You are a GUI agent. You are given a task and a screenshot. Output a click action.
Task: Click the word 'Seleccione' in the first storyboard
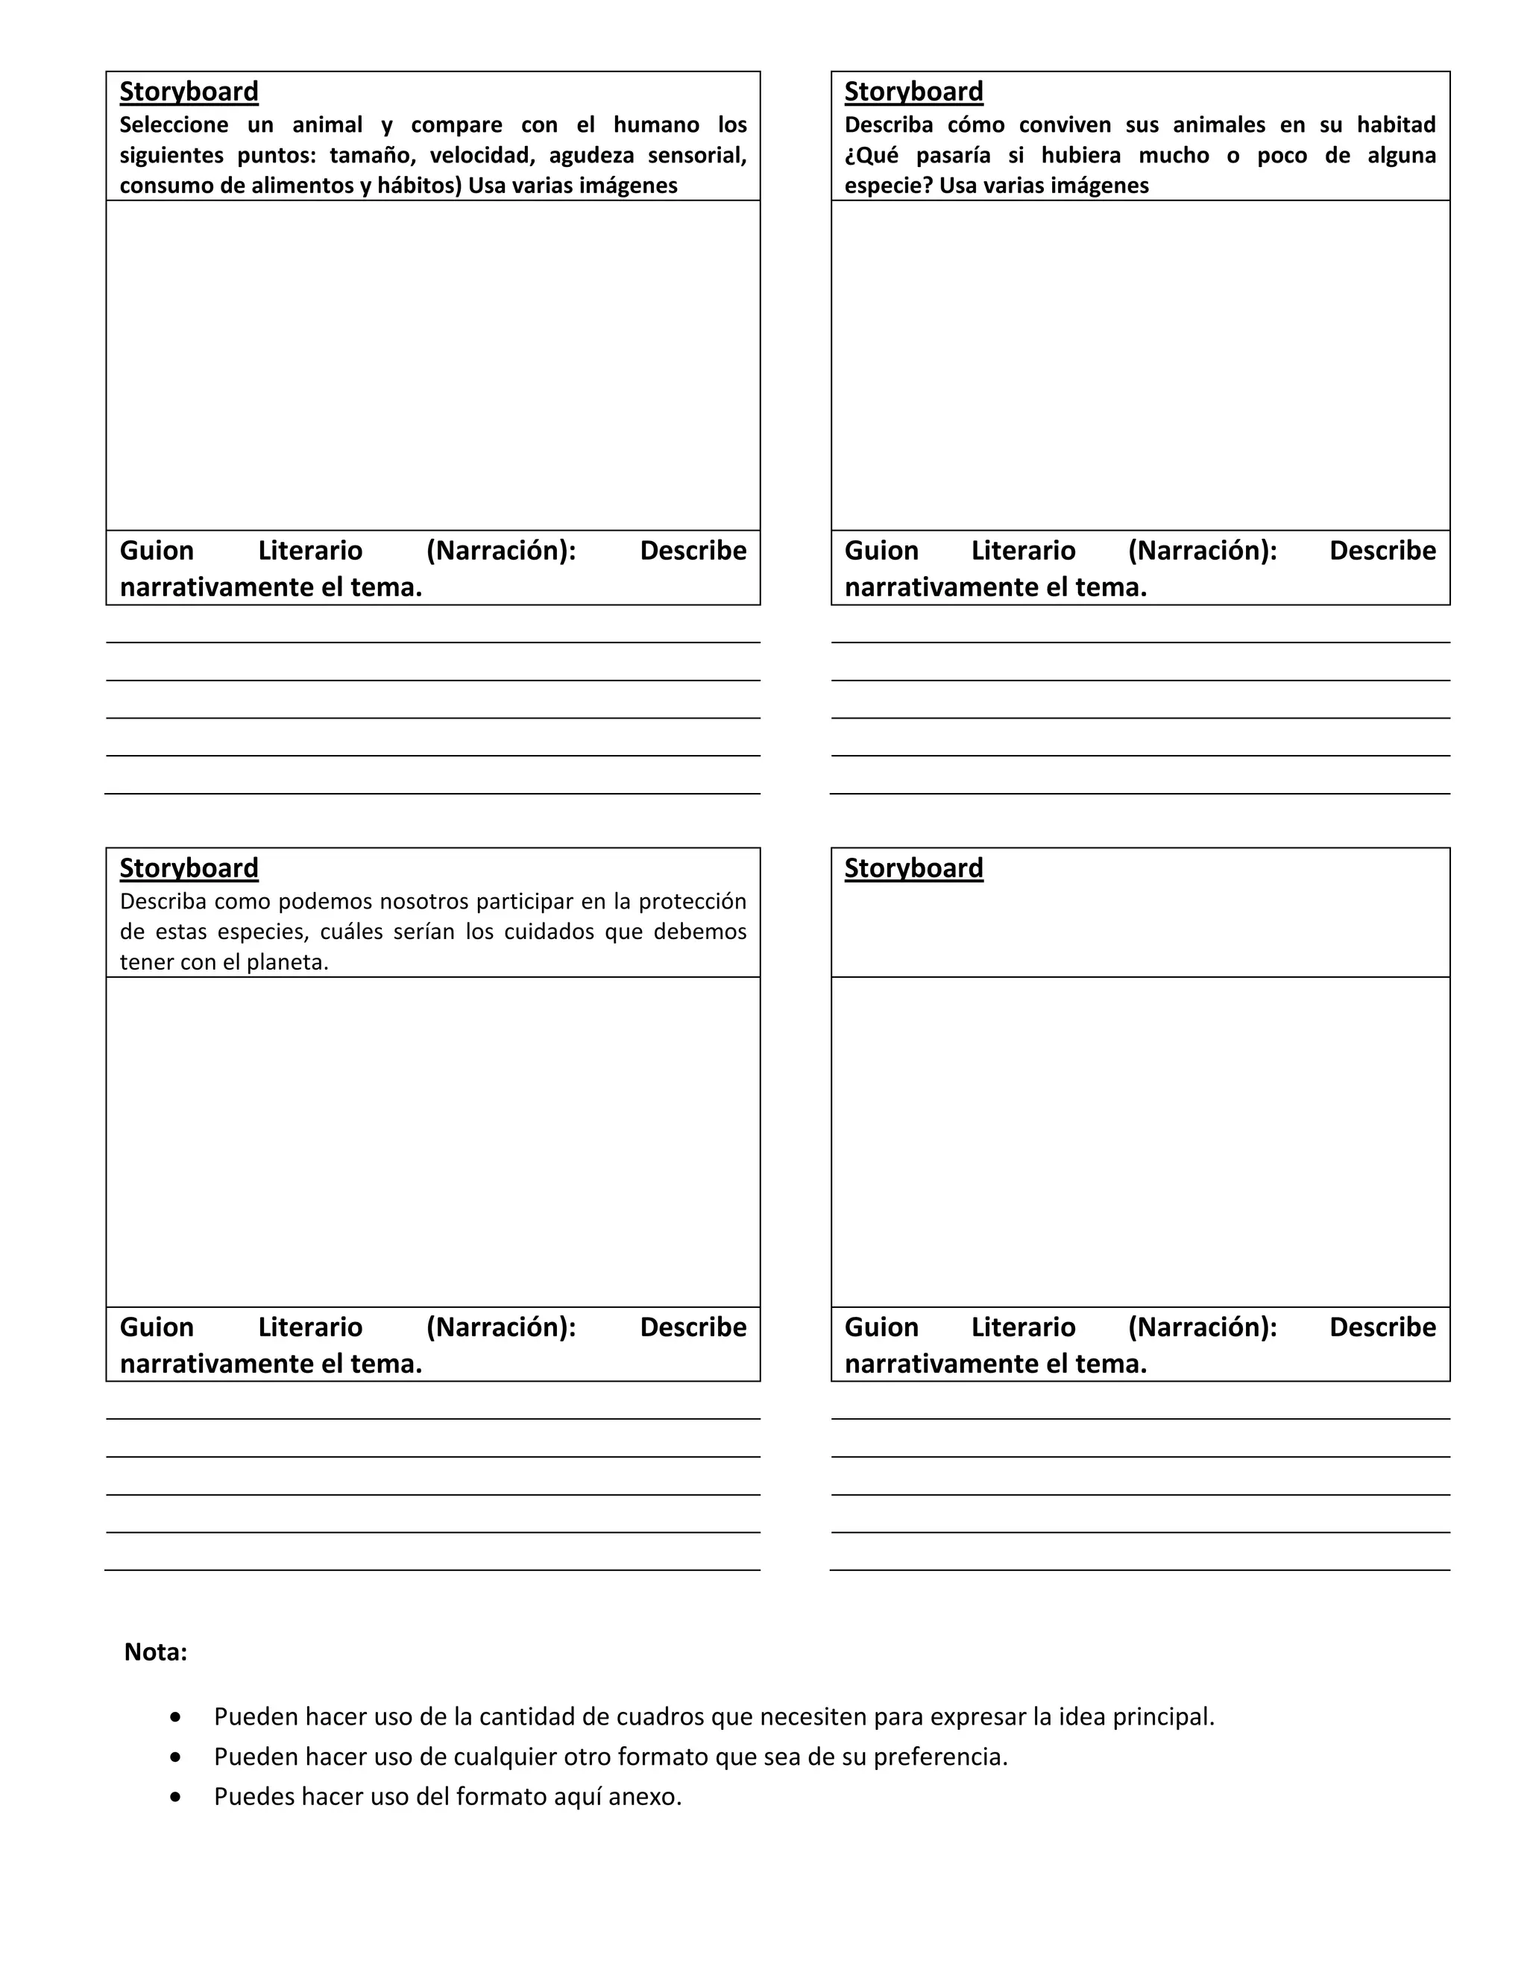pos(174,124)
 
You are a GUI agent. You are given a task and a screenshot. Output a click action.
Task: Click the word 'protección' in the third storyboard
pos(692,902)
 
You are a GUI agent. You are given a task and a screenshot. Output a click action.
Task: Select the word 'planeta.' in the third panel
pos(288,962)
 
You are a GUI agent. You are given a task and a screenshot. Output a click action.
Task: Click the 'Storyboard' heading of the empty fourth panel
pos(913,868)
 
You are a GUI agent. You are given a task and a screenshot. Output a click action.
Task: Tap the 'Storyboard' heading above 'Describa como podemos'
pos(189,868)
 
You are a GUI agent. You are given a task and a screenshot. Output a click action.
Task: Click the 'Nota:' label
pos(156,1652)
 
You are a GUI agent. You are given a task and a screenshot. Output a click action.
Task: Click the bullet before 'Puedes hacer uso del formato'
pos(175,1797)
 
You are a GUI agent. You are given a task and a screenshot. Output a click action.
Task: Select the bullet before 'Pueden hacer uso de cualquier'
pos(175,1757)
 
